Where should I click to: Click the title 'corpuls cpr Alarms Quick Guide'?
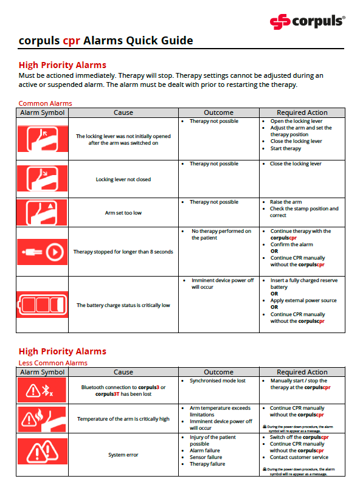106,41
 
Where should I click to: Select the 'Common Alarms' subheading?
45,103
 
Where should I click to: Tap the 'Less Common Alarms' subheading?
53,363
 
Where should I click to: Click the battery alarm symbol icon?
42,305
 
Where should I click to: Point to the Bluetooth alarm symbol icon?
42,390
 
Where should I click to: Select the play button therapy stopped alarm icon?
42,251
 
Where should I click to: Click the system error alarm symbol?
42,453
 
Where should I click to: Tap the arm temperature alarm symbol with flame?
42,418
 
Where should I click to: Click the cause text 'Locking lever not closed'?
123,179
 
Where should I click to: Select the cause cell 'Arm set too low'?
123,213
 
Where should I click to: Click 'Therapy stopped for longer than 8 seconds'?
123,252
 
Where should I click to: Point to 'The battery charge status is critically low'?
123,305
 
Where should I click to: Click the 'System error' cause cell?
123,455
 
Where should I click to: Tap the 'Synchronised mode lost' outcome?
218,381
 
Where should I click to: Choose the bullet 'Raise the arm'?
286,202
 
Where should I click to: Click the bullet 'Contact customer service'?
299,457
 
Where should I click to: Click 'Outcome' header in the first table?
218,112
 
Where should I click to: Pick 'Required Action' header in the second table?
302,372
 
